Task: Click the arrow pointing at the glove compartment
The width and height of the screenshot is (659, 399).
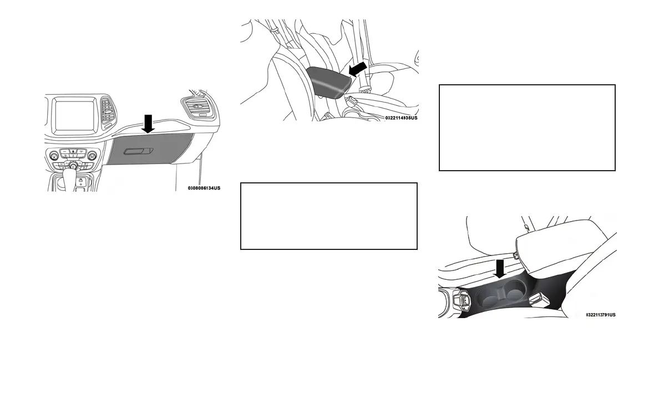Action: [148, 124]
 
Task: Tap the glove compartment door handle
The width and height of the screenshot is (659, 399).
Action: [136, 151]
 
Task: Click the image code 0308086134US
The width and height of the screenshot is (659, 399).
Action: [204, 188]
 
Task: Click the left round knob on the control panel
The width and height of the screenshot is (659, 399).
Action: [54, 156]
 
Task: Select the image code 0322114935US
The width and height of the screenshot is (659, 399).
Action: [401, 118]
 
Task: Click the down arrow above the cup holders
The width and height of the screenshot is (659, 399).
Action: [500, 268]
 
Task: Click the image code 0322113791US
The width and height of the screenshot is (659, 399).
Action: [600, 315]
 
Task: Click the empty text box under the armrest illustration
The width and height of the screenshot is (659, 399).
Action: [328, 216]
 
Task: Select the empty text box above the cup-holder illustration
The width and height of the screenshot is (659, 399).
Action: [527, 127]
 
